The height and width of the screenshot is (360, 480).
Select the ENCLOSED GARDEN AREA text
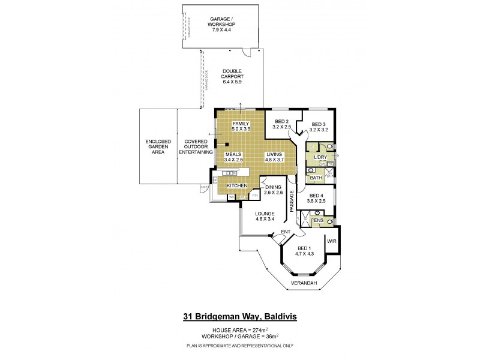tap(158, 146)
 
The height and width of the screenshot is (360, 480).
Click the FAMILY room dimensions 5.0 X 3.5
tap(240, 129)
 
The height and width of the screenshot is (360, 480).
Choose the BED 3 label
tap(319, 124)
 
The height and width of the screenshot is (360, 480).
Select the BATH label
tap(315, 178)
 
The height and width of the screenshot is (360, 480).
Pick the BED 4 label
tap(317, 196)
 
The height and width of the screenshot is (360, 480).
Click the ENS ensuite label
tap(319, 221)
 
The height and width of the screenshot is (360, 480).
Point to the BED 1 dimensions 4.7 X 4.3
tap(304, 254)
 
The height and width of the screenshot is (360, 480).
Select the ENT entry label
tap(286, 232)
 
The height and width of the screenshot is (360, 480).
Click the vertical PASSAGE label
tap(292, 200)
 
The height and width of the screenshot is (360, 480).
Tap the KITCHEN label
tap(237, 186)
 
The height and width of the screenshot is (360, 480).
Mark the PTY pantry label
tap(254, 196)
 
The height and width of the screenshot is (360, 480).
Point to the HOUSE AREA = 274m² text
tap(239, 331)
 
